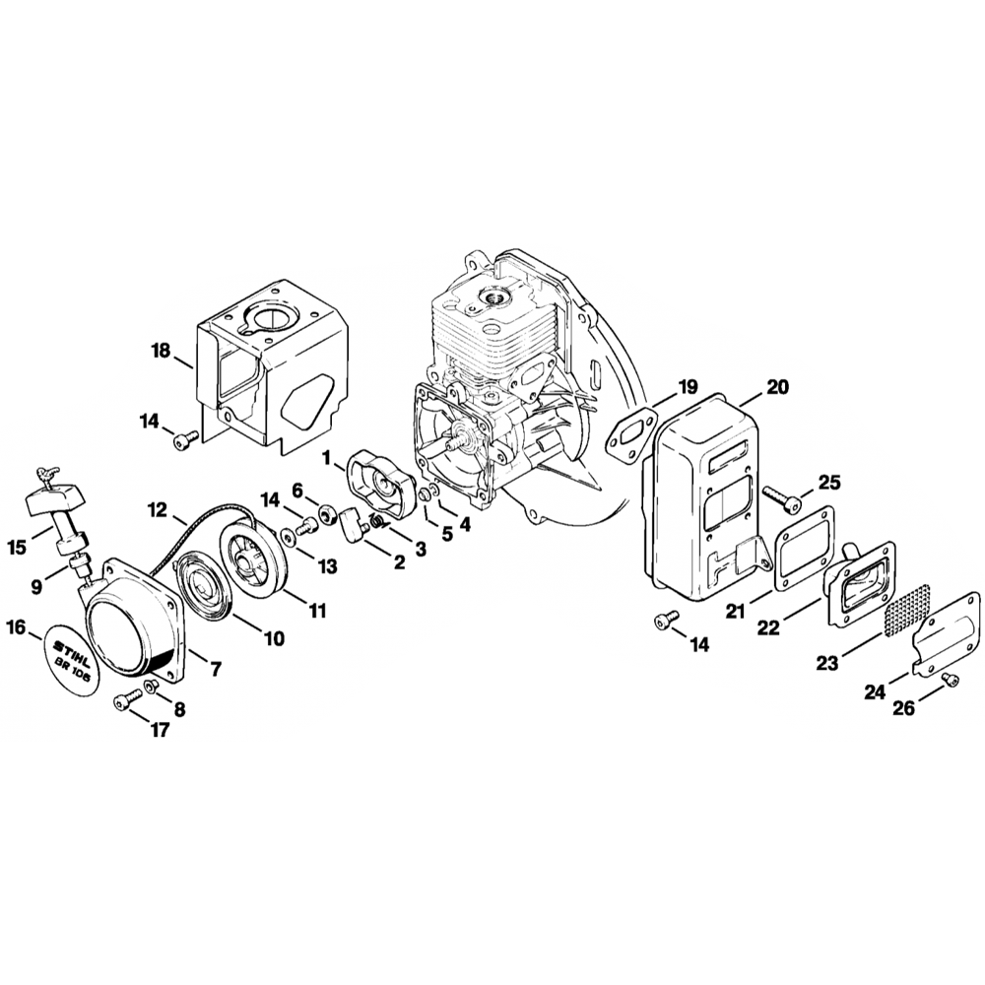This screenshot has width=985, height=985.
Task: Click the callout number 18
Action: point(161,351)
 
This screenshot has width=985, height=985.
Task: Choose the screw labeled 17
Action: point(123,700)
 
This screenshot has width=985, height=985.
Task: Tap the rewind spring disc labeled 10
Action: point(199,590)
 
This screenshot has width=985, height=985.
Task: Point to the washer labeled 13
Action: point(286,537)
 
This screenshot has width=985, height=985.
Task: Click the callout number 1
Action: point(326,456)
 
